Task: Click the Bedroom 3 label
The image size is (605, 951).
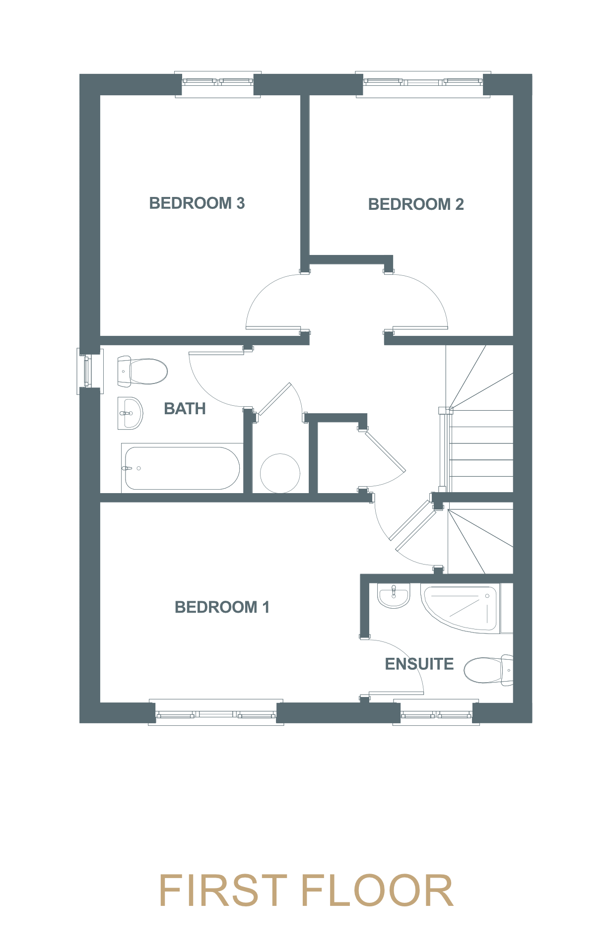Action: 197,203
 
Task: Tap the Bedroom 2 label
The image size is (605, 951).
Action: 416,204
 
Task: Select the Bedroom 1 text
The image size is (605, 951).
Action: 222,607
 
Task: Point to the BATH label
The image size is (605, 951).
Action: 185,408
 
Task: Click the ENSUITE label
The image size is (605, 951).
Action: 419,664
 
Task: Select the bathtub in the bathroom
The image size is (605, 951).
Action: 182,468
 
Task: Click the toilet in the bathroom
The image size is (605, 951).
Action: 142,371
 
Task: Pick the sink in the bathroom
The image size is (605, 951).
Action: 130,413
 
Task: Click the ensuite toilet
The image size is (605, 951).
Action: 488,670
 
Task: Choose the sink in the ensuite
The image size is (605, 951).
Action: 394,595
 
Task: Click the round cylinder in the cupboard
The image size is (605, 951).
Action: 280,473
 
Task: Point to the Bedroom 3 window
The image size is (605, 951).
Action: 218,84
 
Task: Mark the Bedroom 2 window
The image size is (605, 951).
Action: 423,84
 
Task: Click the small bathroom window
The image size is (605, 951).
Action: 90,371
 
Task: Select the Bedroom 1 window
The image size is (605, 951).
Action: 216,712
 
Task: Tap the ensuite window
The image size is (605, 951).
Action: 436,712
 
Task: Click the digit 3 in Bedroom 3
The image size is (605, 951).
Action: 241,203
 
